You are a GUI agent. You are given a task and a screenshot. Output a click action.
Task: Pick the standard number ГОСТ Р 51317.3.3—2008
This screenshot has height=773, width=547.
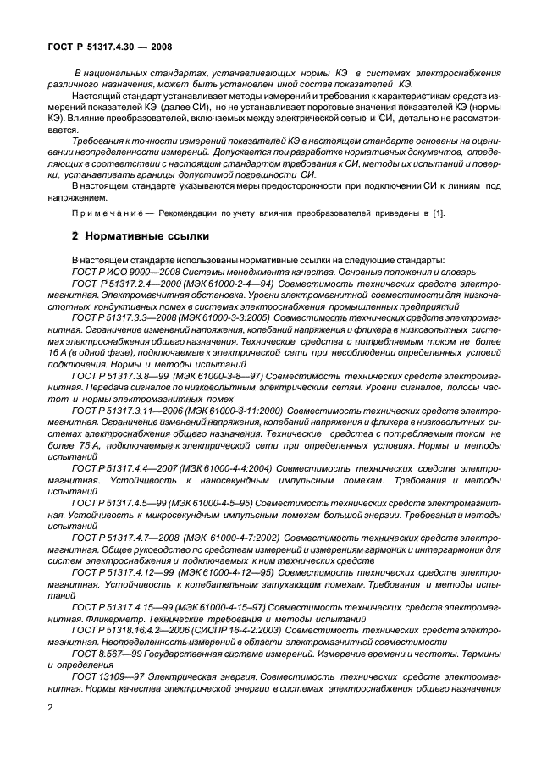point(124,316)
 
